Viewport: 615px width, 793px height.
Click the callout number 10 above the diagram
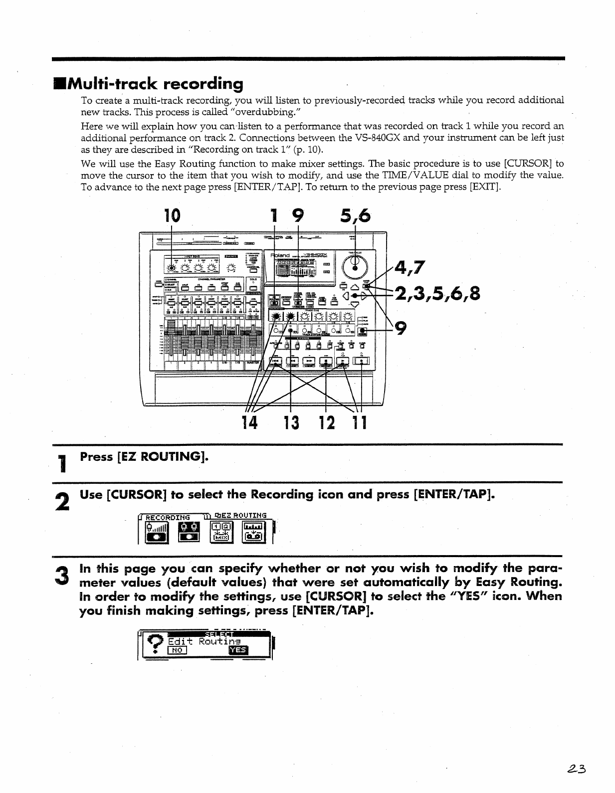point(172,215)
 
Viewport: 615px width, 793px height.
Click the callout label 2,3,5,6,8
point(437,293)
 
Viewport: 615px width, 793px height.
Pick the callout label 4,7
point(409,268)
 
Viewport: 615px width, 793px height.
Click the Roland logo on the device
point(280,255)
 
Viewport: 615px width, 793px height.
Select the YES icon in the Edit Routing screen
point(237,650)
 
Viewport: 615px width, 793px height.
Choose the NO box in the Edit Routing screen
point(177,650)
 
